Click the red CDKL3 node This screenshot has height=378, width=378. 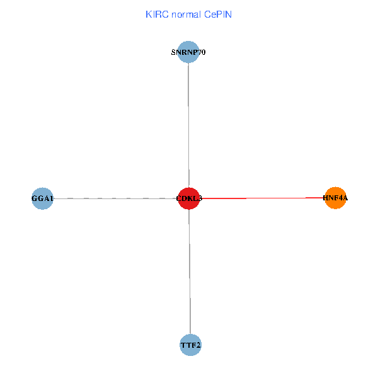pos(189,198)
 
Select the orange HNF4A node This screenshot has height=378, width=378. pos(335,198)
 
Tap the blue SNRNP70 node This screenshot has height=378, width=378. pos(188,52)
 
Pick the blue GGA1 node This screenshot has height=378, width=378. pos(42,198)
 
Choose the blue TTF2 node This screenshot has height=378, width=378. pos(190,345)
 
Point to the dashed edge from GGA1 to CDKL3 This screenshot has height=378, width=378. pos(113,198)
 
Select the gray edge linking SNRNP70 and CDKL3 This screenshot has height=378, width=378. pos(189,126)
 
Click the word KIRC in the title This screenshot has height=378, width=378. pos(156,14)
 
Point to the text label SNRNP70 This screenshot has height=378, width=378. pos(188,52)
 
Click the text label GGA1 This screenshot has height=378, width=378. pos(42,198)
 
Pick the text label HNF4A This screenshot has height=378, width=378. pos(335,198)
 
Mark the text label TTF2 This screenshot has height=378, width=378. pos(190,345)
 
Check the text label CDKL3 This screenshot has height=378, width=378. pos(189,198)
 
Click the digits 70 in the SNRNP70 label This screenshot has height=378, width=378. pos(202,52)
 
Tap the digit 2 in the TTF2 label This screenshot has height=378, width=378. pos(198,345)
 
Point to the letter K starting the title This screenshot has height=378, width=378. pos(148,14)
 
